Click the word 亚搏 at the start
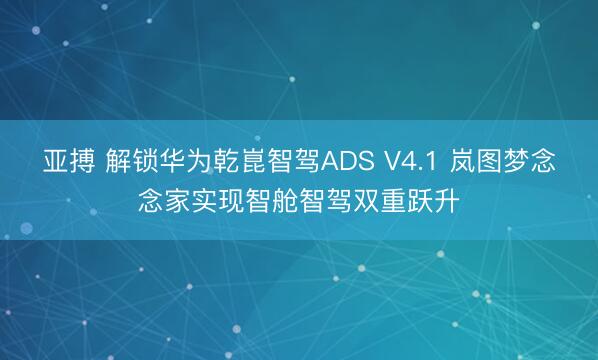coord(67,161)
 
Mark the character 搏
coord(80,161)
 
